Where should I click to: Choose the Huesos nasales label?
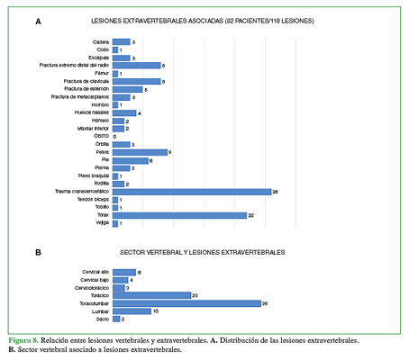pos(93,112)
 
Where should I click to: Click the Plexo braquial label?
pos(93,175)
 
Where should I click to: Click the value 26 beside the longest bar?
pos(276,191)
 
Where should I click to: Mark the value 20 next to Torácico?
pos(195,294)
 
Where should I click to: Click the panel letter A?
pos(38,20)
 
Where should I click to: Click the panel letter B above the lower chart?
pos(38,253)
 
